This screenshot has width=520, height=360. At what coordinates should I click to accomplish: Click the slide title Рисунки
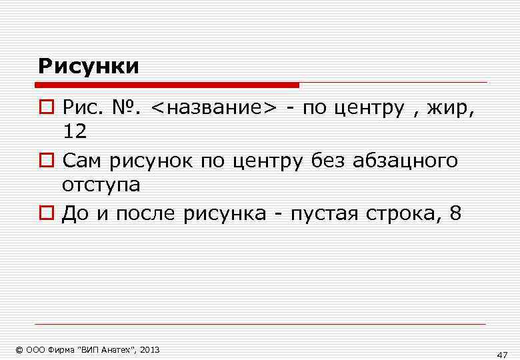[x=89, y=66]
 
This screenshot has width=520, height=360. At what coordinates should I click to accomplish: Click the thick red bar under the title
[x=167, y=85]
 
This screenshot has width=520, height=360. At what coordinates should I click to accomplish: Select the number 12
[x=75, y=131]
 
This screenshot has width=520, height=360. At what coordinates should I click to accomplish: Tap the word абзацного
[x=408, y=161]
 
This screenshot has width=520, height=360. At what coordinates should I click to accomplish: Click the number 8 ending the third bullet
[x=455, y=214]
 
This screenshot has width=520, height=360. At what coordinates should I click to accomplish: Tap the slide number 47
[x=502, y=354]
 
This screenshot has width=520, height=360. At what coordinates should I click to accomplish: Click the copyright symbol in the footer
[x=19, y=349]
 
